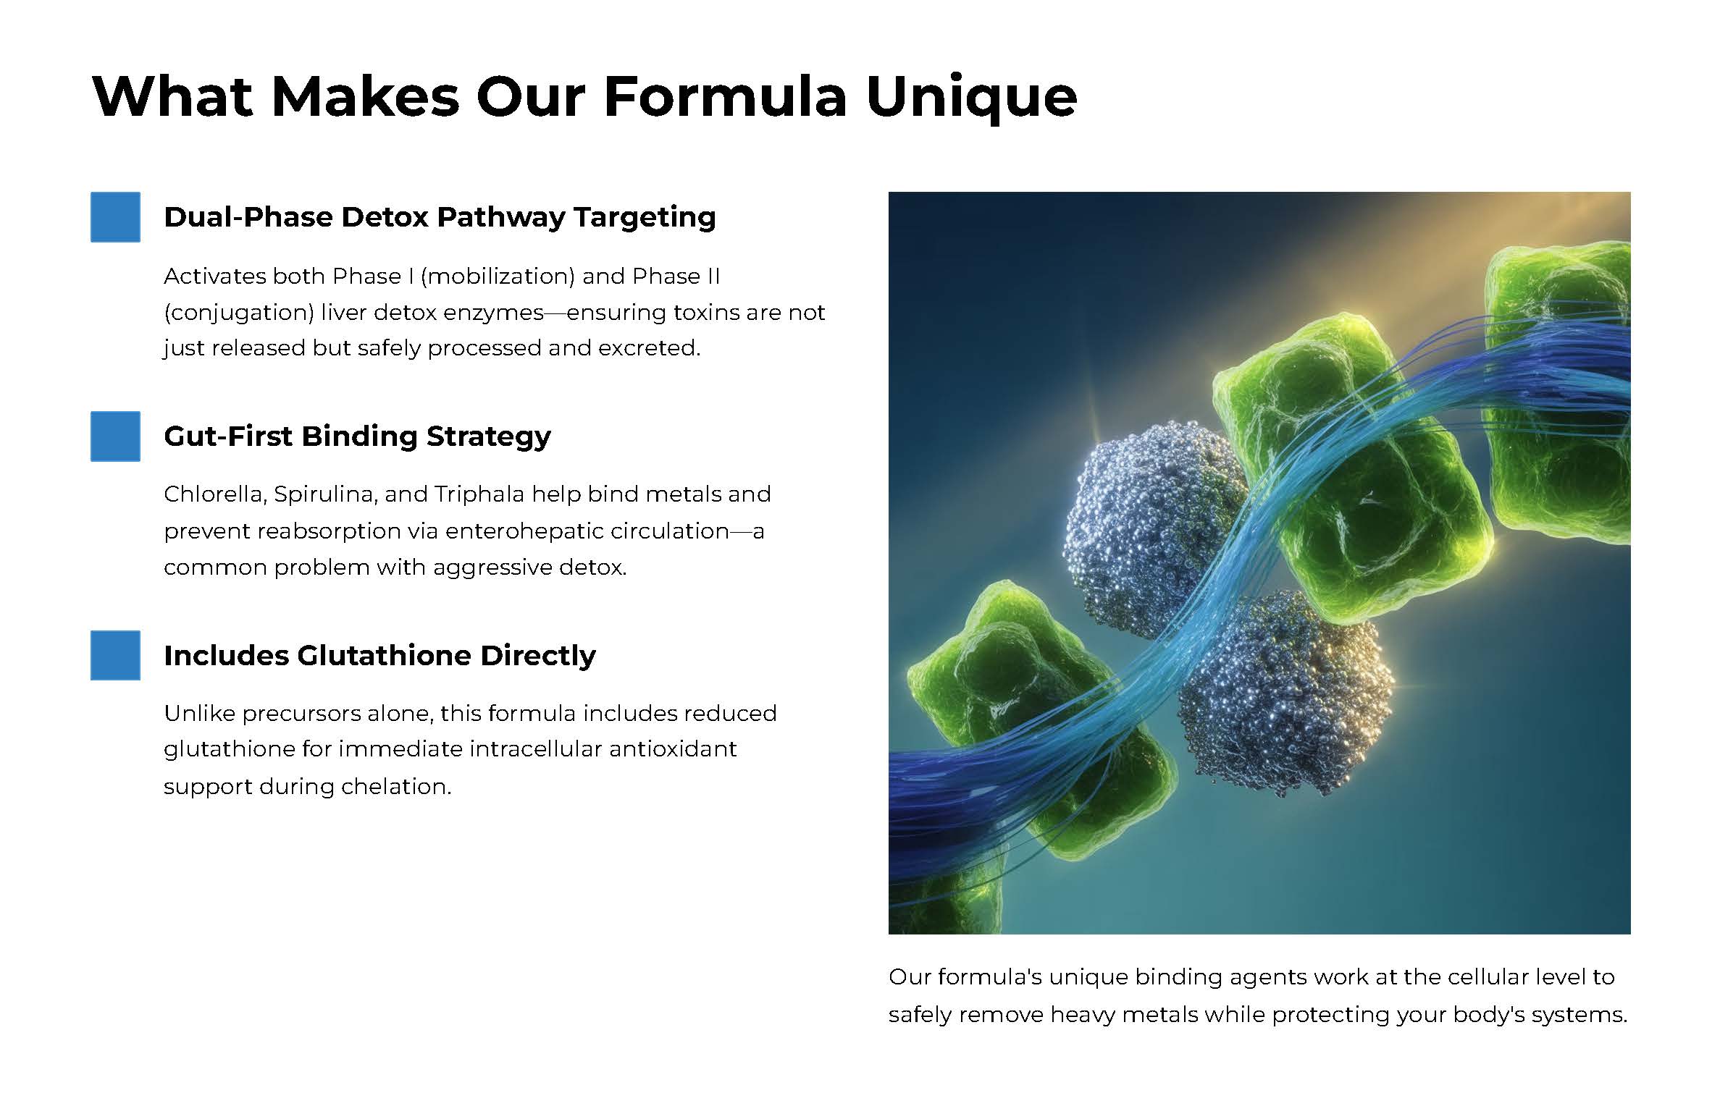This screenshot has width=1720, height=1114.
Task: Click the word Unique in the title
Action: pyautogui.click(x=971, y=98)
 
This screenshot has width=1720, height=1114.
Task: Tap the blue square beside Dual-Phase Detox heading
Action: pyautogui.click(x=115, y=216)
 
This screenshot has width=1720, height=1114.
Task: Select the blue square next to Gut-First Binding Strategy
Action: pyautogui.click(x=115, y=436)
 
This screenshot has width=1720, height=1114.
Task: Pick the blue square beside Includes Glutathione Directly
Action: pyautogui.click(x=115, y=655)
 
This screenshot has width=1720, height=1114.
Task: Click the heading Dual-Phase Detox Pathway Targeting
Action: pyautogui.click(x=440, y=217)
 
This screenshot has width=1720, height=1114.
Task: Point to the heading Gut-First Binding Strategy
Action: pyautogui.click(x=357, y=436)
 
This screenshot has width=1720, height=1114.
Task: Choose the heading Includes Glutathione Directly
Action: pyautogui.click(x=379, y=655)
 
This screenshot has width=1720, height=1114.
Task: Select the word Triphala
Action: pyautogui.click(x=479, y=494)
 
